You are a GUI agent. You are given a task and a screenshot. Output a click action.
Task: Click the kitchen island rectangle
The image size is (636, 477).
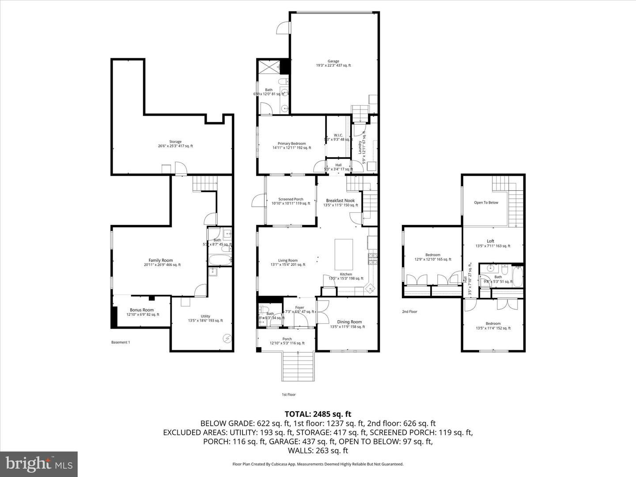click(344, 254)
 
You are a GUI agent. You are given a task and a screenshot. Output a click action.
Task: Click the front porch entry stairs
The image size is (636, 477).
click(299, 366)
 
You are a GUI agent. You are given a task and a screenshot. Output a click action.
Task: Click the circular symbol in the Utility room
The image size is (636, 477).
click(227, 338)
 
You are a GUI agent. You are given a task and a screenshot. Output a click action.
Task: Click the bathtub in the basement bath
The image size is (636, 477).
click(220, 260)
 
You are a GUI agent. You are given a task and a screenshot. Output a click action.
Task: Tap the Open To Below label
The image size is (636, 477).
click(486, 203)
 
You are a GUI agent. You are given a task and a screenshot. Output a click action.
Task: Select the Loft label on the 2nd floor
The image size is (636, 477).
click(491, 241)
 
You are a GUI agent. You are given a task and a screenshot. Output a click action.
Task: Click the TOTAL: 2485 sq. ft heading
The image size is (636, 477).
click(318, 414)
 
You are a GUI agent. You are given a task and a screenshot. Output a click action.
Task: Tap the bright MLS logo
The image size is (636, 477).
click(39, 464)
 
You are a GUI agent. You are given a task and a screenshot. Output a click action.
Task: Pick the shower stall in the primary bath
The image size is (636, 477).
click(269, 67)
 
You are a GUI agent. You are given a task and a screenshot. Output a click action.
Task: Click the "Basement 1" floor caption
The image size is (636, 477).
click(120, 342)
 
